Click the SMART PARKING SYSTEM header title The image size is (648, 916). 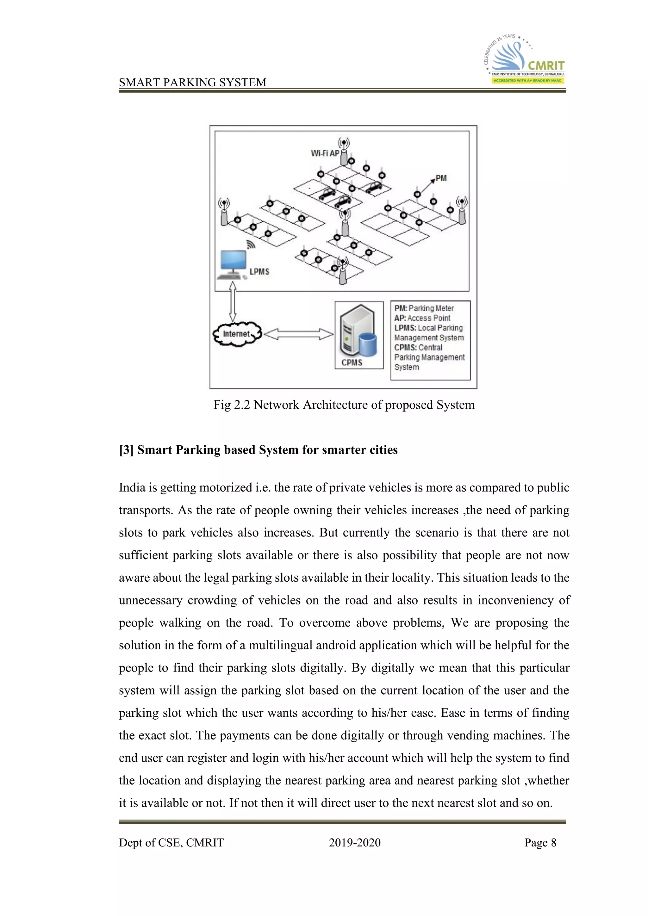[x=192, y=82]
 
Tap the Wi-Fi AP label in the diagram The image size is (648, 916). [x=325, y=153]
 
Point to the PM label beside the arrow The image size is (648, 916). [x=441, y=178]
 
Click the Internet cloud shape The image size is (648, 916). [x=237, y=333]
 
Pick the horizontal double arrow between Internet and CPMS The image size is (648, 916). [x=298, y=334]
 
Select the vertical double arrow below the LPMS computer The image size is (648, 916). [x=233, y=302]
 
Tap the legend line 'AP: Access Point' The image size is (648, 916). [x=422, y=318]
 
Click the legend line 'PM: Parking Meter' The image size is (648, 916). [x=424, y=308]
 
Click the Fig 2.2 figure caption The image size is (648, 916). [x=344, y=405]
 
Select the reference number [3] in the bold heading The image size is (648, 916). [x=126, y=450]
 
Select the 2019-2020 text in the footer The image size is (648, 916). [x=354, y=842]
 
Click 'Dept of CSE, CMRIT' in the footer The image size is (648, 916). [x=171, y=842]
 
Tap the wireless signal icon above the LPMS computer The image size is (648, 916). [x=251, y=244]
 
